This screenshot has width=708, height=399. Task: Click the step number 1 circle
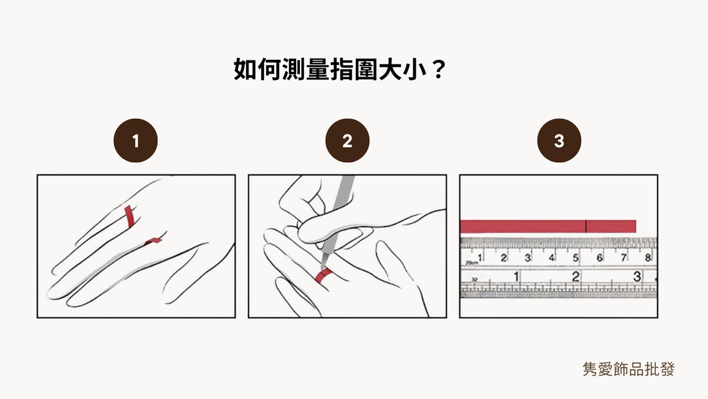[135, 141]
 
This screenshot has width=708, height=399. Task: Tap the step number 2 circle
[347, 141]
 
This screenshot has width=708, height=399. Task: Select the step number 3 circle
[559, 141]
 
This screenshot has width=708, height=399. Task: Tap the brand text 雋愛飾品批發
[628, 369]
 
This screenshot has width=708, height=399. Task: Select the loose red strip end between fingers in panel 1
[154, 241]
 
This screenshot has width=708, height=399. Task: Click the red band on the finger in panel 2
[322, 275]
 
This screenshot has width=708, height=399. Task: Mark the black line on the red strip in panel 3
[586, 226]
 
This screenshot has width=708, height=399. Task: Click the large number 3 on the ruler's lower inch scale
[637, 277]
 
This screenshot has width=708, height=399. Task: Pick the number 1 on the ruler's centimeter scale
[481, 258]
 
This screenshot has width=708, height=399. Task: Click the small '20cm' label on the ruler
[472, 263]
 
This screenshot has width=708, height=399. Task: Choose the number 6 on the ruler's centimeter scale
[600, 258]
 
